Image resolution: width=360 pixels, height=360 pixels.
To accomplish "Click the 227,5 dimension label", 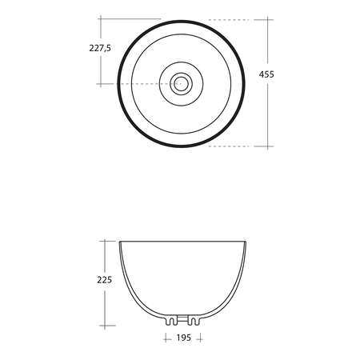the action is (100, 48).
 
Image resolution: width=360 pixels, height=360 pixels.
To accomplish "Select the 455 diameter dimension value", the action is (266, 74).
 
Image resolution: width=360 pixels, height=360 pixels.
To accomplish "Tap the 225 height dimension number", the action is (104, 280).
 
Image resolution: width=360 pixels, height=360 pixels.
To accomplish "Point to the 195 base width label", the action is (184, 338).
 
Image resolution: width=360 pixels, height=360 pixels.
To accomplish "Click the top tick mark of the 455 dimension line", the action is (267, 20).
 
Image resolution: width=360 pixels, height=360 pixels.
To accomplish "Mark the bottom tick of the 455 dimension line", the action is (267, 146).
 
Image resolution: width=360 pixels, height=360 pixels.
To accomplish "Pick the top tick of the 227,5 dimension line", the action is (101, 19).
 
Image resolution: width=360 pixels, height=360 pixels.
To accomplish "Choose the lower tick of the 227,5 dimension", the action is (101, 84).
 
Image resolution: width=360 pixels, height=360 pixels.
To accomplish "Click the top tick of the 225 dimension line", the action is (105, 241).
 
